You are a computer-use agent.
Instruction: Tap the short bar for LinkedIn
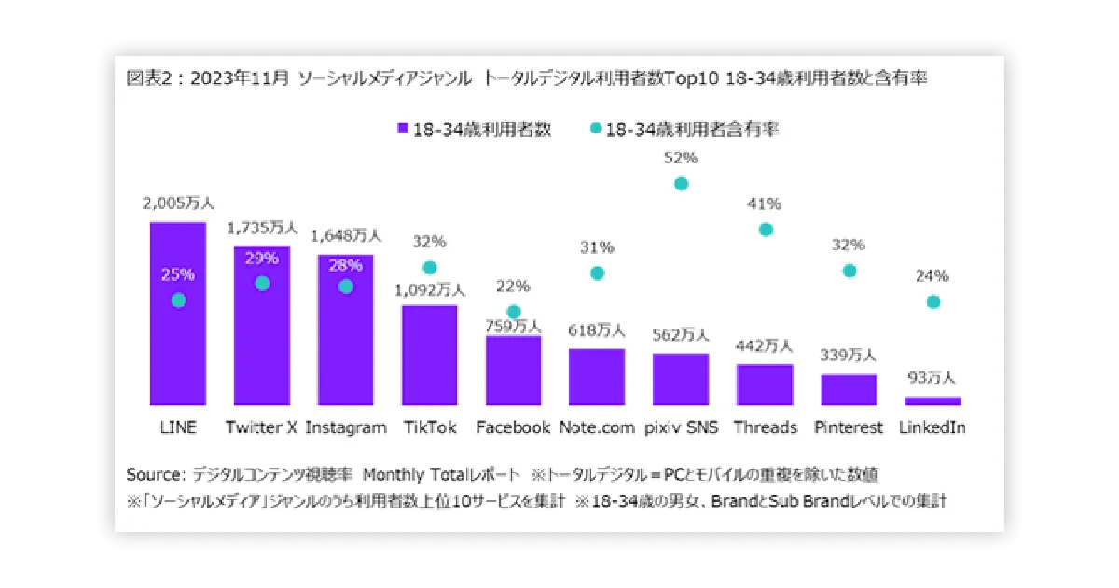pyautogui.click(x=932, y=400)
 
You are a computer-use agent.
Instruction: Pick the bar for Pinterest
pyautogui.click(x=849, y=389)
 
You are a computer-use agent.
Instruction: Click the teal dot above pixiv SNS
pyautogui.click(x=682, y=184)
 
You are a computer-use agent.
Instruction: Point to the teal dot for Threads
pyautogui.click(x=766, y=230)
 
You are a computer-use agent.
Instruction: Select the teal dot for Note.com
pyautogui.click(x=598, y=273)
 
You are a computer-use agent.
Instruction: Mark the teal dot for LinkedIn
pyautogui.click(x=933, y=301)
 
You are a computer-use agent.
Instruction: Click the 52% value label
pyautogui.click(x=682, y=159)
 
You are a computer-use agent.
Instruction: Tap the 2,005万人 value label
pyautogui.click(x=178, y=203)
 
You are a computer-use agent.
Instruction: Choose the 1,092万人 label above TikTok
pyautogui.click(x=430, y=289)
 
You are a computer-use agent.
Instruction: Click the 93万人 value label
pyautogui.click(x=932, y=379)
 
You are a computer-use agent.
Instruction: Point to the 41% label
pyautogui.click(x=766, y=204)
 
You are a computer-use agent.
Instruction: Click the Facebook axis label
pyautogui.click(x=513, y=427)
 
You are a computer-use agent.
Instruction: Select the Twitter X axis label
pyautogui.click(x=261, y=427)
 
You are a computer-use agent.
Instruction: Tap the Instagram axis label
pyautogui.click(x=346, y=427)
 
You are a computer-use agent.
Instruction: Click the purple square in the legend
pyautogui.click(x=403, y=130)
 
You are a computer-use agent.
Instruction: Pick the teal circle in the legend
pyautogui.click(x=596, y=129)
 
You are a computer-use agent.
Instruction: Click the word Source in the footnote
pyautogui.click(x=155, y=473)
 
